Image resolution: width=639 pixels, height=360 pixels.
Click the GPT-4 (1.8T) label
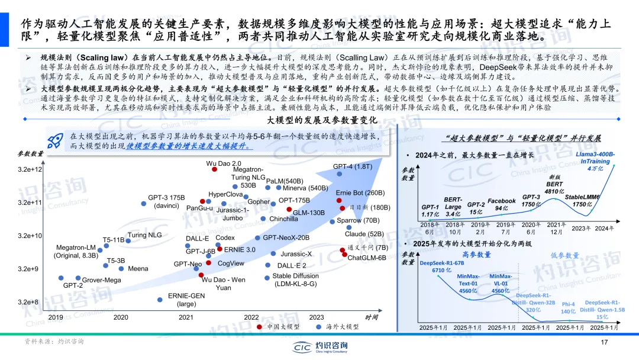[352, 166]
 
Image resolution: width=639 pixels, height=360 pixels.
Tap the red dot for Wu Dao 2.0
[215, 169]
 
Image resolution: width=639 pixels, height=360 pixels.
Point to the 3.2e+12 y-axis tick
[30, 169]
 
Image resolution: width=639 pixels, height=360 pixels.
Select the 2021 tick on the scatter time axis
[186, 317]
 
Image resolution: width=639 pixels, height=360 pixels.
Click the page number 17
[604, 343]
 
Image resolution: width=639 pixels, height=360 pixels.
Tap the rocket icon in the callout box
[56, 140]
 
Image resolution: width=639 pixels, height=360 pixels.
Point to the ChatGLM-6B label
[367, 258]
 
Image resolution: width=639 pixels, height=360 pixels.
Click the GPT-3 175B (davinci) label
[166, 201]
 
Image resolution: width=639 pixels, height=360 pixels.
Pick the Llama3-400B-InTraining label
[595, 161]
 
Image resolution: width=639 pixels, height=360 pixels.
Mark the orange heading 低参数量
[564, 255]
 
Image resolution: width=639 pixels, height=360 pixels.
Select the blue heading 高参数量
[476, 255]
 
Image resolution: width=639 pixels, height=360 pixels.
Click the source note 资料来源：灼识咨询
[54, 342]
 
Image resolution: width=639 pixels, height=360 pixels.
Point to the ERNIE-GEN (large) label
[186, 300]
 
